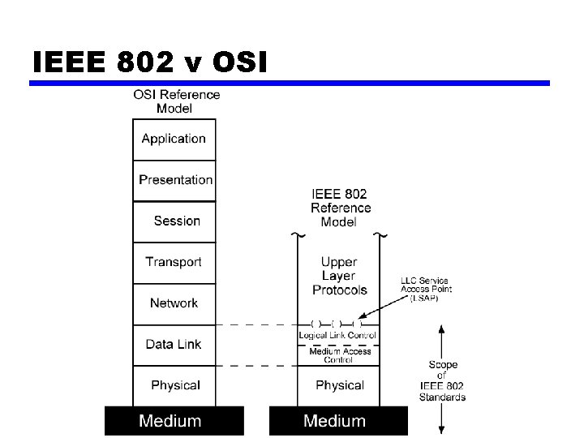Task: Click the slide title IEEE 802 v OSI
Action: click(150, 62)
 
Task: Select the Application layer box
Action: click(174, 139)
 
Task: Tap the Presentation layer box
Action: click(174, 180)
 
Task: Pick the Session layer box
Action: click(174, 221)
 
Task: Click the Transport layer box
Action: click(174, 262)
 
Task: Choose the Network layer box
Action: click(174, 303)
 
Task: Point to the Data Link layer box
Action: click(174, 345)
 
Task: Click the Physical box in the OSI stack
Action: click(174, 384)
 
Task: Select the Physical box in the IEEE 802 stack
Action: click(339, 384)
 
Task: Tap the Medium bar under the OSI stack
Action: click(174, 420)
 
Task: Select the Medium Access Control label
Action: click(339, 355)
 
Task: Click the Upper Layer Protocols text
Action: click(339, 276)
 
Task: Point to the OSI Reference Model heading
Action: click(176, 101)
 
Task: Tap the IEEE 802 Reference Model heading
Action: click(339, 208)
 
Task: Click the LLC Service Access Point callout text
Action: click(426, 289)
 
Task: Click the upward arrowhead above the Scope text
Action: click(442, 330)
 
